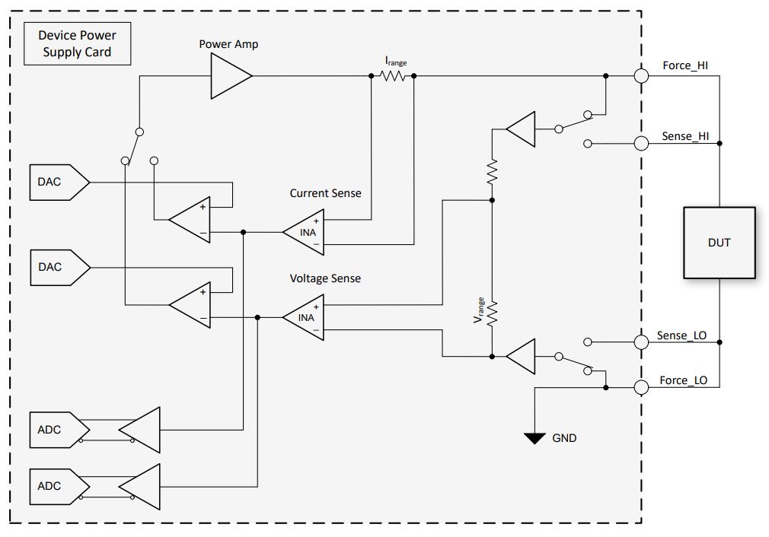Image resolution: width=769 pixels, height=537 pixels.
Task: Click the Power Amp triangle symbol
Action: click(x=229, y=76)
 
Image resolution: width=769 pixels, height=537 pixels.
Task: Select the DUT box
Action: click(x=719, y=243)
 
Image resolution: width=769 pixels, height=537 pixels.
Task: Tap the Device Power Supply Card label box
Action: click(x=77, y=44)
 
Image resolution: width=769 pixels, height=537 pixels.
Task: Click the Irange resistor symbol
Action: click(x=393, y=76)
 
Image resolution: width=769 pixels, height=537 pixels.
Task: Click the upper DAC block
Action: click(x=58, y=183)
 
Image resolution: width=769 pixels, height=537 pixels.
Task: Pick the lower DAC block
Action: click(x=58, y=268)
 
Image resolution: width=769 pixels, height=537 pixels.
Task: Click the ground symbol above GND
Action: click(x=535, y=437)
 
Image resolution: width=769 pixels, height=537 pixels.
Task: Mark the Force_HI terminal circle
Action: click(x=641, y=76)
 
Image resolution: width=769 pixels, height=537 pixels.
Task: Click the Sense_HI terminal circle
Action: click(x=641, y=143)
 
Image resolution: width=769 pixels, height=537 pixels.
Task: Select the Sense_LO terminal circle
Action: click(x=641, y=342)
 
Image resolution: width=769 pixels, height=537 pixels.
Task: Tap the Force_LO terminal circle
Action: click(x=641, y=387)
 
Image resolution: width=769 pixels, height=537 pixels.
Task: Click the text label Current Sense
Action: click(x=325, y=193)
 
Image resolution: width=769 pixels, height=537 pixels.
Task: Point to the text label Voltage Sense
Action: click(x=325, y=278)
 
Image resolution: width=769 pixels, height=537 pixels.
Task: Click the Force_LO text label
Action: click(x=683, y=380)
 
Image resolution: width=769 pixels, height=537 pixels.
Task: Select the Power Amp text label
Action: click(x=228, y=44)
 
